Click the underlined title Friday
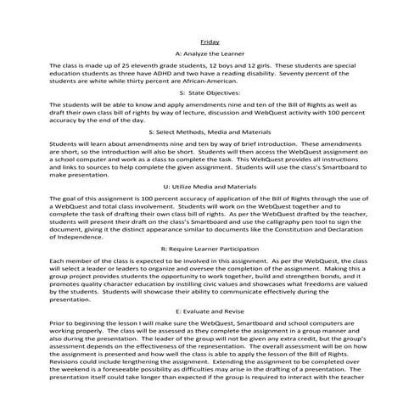(x=209, y=41)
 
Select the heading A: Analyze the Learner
(x=209, y=53)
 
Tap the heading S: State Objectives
(x=209, y=93)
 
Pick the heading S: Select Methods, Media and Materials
(x=209, y=133)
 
